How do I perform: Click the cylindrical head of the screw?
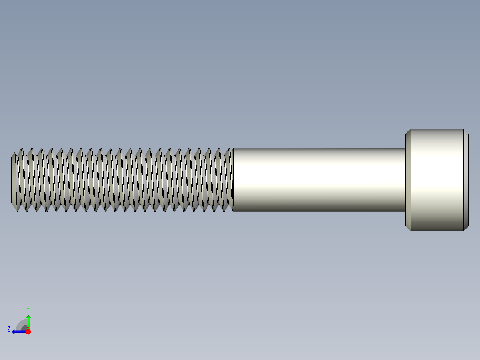click(436, 180)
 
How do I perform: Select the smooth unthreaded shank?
click(318, 169)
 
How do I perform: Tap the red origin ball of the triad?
click(28, 331)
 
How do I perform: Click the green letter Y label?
click(28, 309)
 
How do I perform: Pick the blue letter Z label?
click(9, 329)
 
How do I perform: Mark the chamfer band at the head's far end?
click(466, 180)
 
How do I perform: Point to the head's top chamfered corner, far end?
click(466, 131)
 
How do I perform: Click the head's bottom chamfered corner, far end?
click(466, 228)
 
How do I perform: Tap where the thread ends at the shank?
click(232, 180)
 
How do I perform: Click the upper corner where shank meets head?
click(406, 149)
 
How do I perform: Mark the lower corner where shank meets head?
click(406, 211)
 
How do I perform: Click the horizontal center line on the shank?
click(318, 180)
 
